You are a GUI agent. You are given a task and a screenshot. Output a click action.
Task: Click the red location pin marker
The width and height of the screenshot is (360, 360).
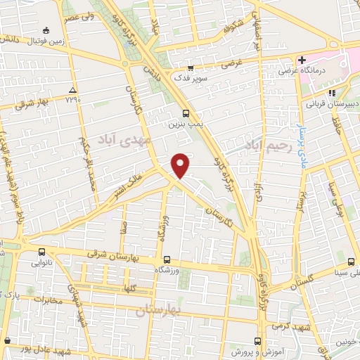click(181, 165)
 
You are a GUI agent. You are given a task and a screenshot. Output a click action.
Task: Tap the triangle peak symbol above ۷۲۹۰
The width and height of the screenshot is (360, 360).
click(73, 91)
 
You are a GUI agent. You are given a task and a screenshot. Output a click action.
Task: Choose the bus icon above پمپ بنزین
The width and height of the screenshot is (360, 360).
click(186, 112)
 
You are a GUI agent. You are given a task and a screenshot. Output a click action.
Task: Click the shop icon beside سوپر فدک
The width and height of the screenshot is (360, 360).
click(191, 67)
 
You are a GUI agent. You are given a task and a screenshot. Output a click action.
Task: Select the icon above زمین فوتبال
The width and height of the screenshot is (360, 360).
click(46, 30)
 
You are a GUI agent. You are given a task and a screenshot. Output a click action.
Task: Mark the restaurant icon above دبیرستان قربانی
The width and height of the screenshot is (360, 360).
click(330, 92)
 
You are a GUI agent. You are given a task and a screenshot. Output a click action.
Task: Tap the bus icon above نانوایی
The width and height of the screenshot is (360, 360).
click(42, 252)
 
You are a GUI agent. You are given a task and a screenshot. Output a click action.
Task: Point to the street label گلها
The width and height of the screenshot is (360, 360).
click(130, 289)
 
